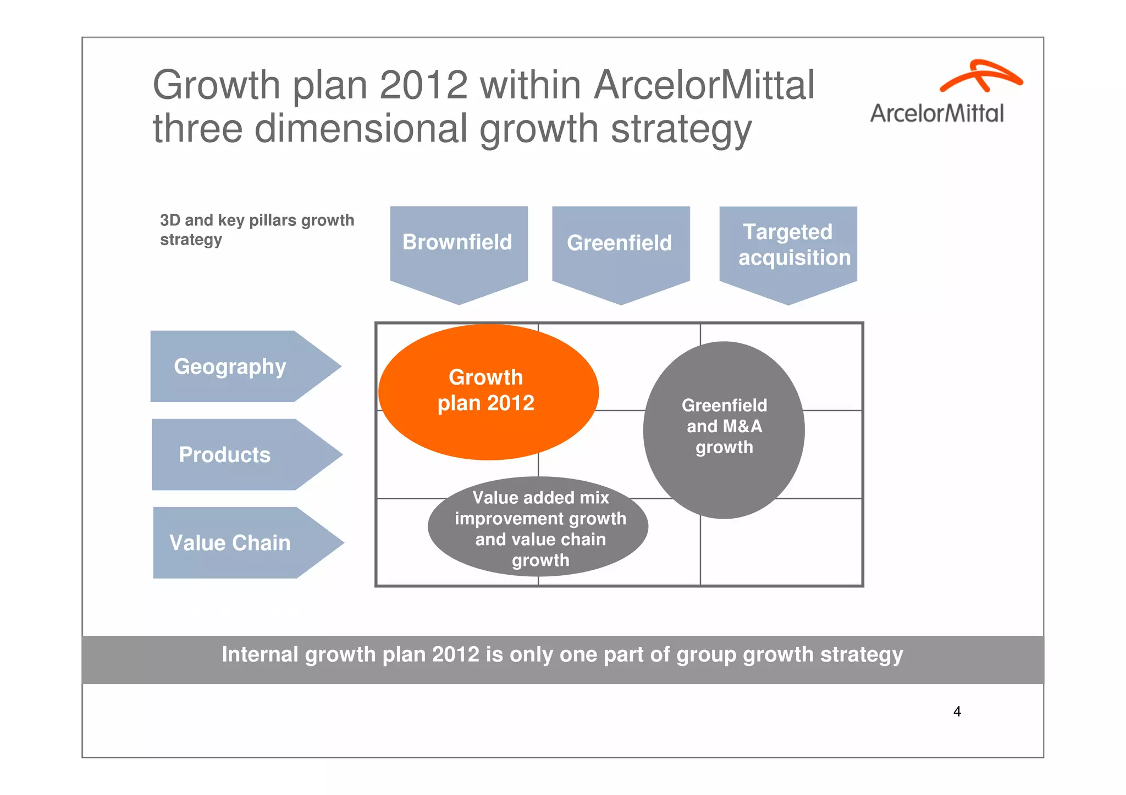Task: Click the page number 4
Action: [957, 712]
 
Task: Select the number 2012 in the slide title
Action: [423, 85]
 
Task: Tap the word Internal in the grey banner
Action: [260, 655]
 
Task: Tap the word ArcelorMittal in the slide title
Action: [704, 85]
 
